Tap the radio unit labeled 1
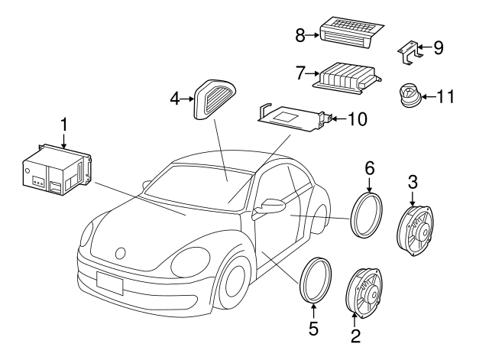click(55, 168)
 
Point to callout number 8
click(300, 35)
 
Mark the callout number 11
click(445, 97)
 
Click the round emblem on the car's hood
click(120, 252)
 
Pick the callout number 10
click(357, 119)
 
